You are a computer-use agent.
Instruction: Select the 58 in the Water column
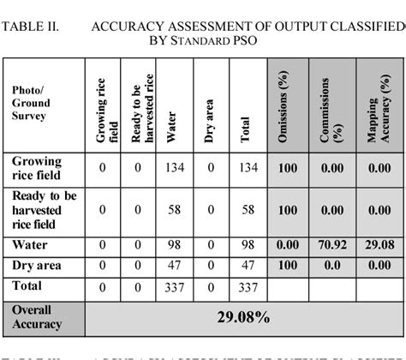click(175, 209)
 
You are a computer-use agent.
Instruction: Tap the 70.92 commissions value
click(334, 245)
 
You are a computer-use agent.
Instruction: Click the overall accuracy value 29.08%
click(243, 318)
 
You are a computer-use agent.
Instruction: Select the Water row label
click(30, 246)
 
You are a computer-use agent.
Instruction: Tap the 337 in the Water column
click(175, 287)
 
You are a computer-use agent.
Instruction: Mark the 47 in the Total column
click(247, 265)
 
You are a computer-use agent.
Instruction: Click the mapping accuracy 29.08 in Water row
click(379, 245)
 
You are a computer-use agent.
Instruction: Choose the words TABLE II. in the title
click(30, 26)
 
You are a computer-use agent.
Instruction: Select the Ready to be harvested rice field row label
click(45, 209)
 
